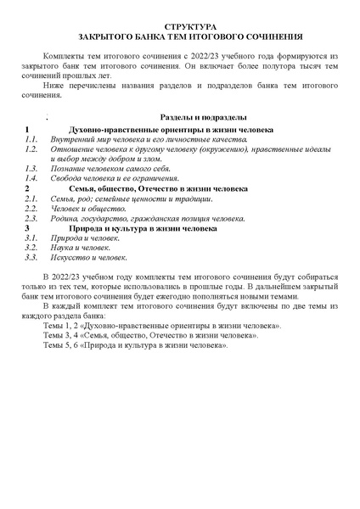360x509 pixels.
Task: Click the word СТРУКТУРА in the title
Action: click(190, 27)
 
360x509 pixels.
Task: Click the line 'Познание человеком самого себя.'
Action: click(111, 169)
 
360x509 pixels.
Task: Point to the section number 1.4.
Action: click(31, 179)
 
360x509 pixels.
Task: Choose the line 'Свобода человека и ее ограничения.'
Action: click(116, 179)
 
